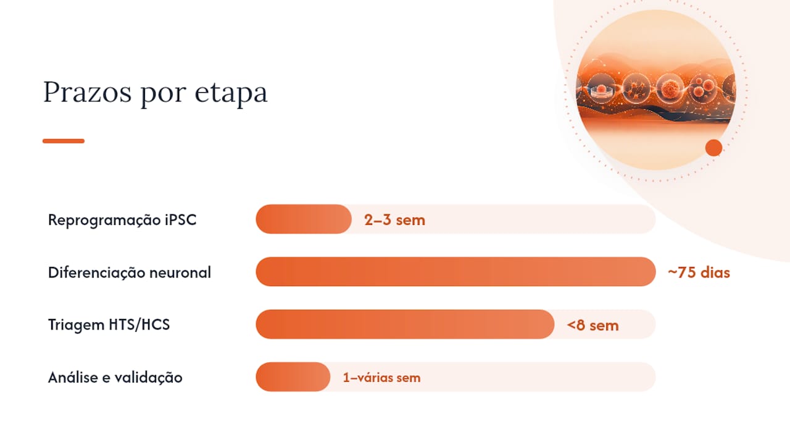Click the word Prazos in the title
87,92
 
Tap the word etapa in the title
231,93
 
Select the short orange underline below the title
64,141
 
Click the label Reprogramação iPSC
122,219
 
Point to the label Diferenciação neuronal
130,273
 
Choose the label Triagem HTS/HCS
109,324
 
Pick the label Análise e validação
115,377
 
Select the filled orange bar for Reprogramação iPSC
304,219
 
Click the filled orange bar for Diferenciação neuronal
455,271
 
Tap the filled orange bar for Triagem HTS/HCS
405,324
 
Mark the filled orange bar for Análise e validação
293,377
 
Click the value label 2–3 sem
394,220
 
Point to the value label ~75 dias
699,273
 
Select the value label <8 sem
593,325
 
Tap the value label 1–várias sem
381,378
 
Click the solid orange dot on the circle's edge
714,148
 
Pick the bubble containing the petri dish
601,88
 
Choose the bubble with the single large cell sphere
670,88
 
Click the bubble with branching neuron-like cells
636,89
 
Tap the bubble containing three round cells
703,88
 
